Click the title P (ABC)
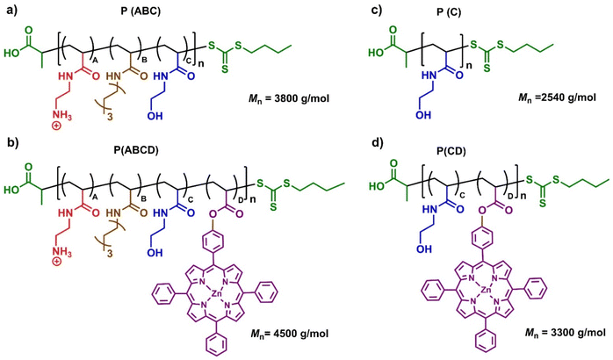141,12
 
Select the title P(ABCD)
139,150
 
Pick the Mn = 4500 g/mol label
290,334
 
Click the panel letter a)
11,11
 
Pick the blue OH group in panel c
424,114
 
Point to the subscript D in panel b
240,200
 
